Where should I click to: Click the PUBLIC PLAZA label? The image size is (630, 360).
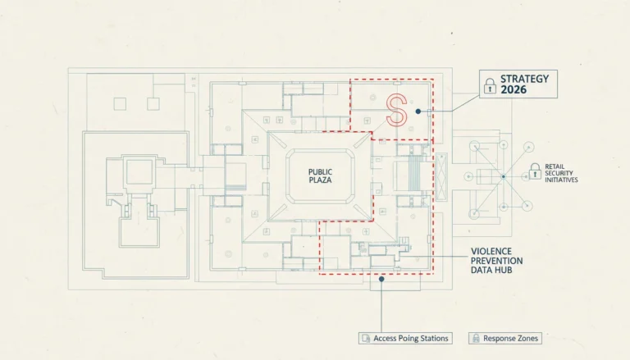(x=320, y=176)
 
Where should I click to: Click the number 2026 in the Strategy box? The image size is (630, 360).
(x=514, y=89)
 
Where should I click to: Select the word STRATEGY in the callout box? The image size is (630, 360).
(x=524, y=79)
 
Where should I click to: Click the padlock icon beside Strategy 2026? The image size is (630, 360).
(x=490, y=86)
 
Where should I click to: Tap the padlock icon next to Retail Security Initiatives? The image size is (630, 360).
(x=535, y=171)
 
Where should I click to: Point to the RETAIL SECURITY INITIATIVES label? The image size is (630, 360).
(x=561, y=173)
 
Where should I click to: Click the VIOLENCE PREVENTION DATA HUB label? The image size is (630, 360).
(x=496, y=261)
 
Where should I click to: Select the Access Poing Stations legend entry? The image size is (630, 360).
(x=405, y=339)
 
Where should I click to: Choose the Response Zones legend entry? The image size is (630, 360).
(x=505, y=339)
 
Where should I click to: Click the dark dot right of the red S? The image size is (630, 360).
(x=418, y=112)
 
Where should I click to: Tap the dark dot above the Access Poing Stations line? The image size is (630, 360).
(x=381, y=279)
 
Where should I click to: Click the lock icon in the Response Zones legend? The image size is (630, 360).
(x=476, y=339)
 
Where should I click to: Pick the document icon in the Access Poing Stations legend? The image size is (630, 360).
(x=366, y=339)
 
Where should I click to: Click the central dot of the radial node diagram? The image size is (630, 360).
(x=504, y=176)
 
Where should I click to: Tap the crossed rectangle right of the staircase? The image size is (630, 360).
(x=441, y=176)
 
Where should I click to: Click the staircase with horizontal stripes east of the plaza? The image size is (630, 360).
(x=414, y=173)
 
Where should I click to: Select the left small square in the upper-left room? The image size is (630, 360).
(x=120, y=104)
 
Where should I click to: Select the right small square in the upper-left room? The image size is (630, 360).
(x=153, y=104)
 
